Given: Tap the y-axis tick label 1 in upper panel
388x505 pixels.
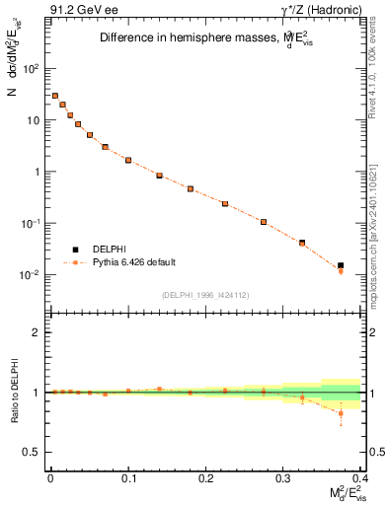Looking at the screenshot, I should [x=37, y=172].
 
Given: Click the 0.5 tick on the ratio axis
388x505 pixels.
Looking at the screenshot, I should [x=33, y=452].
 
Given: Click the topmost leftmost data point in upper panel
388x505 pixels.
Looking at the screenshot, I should [x=55, y=96].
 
